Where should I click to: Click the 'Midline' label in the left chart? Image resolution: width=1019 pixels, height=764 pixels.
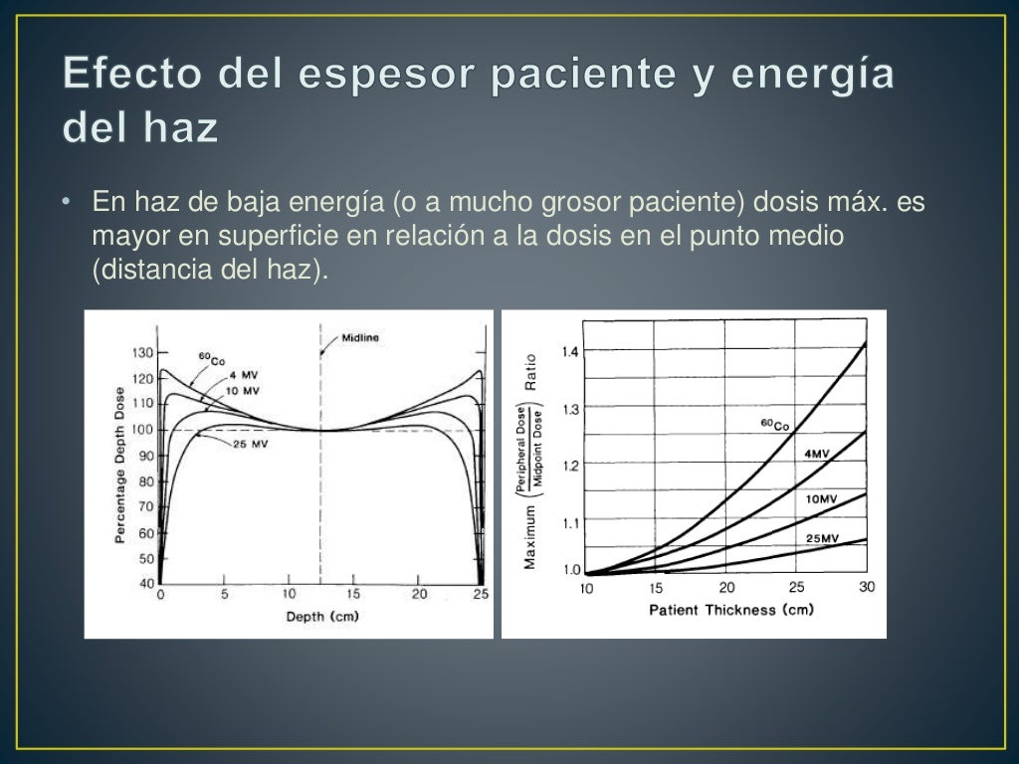pyautogui.click(x=360, y=337)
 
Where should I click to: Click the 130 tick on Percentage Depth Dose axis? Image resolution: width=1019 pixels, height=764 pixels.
pyautogui.click(x=142, y=352)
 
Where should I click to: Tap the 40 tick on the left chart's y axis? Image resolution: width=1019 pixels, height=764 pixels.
pyautogui.click(x=146, y=583)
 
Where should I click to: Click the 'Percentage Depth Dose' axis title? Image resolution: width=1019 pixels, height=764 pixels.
pyautogui.click(x=119, y=466)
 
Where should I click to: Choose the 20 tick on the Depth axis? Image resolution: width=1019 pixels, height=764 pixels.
pyautogui.click(x=418, y=595)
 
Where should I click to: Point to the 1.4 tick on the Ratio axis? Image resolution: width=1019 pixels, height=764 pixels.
pyautogui.click(x=570, y=351)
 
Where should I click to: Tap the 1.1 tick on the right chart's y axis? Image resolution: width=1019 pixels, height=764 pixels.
pyautogui.click(x=570, y=521)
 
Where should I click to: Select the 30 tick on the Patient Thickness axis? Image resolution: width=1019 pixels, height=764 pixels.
pyautogui.click(x=867, y=587)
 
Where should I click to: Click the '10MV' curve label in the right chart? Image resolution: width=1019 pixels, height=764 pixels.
pyautogui.click(x=822, y=498)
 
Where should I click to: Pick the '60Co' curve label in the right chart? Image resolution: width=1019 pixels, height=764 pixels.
pyautogui.click(x=774, y=425)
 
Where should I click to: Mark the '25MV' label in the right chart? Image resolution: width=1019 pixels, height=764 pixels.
pyautogui.click(x=822, y=538)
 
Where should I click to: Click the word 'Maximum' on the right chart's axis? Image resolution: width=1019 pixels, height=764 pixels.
pyautogui.click(x=530, y=537)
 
